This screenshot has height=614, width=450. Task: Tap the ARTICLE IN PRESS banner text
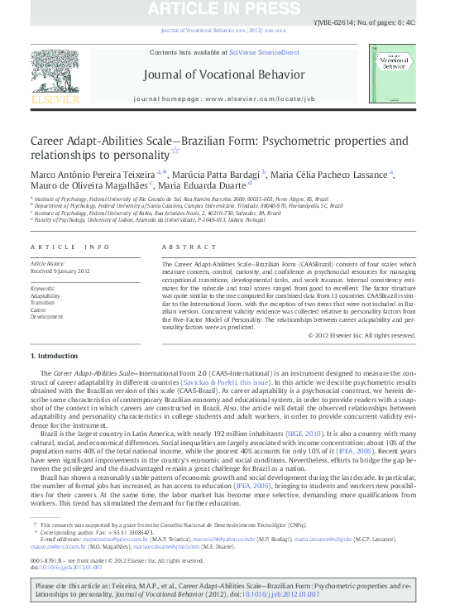(x=224, y=10)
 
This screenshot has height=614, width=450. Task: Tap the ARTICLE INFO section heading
(x=69, y=247)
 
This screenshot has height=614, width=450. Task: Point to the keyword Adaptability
(x=45, y=295)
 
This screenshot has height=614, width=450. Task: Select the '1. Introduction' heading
(x=55, y=356)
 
